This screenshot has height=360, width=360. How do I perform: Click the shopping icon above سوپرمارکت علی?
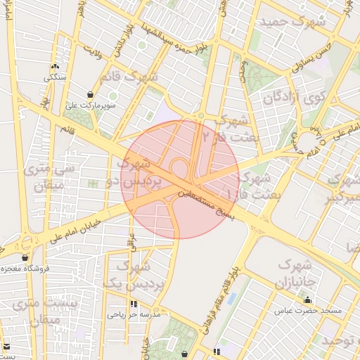[x=90, y=94]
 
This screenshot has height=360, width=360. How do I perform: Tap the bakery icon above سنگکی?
[x=54, y=67]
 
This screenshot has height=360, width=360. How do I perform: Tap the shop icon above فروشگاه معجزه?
[x=25, y=257]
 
